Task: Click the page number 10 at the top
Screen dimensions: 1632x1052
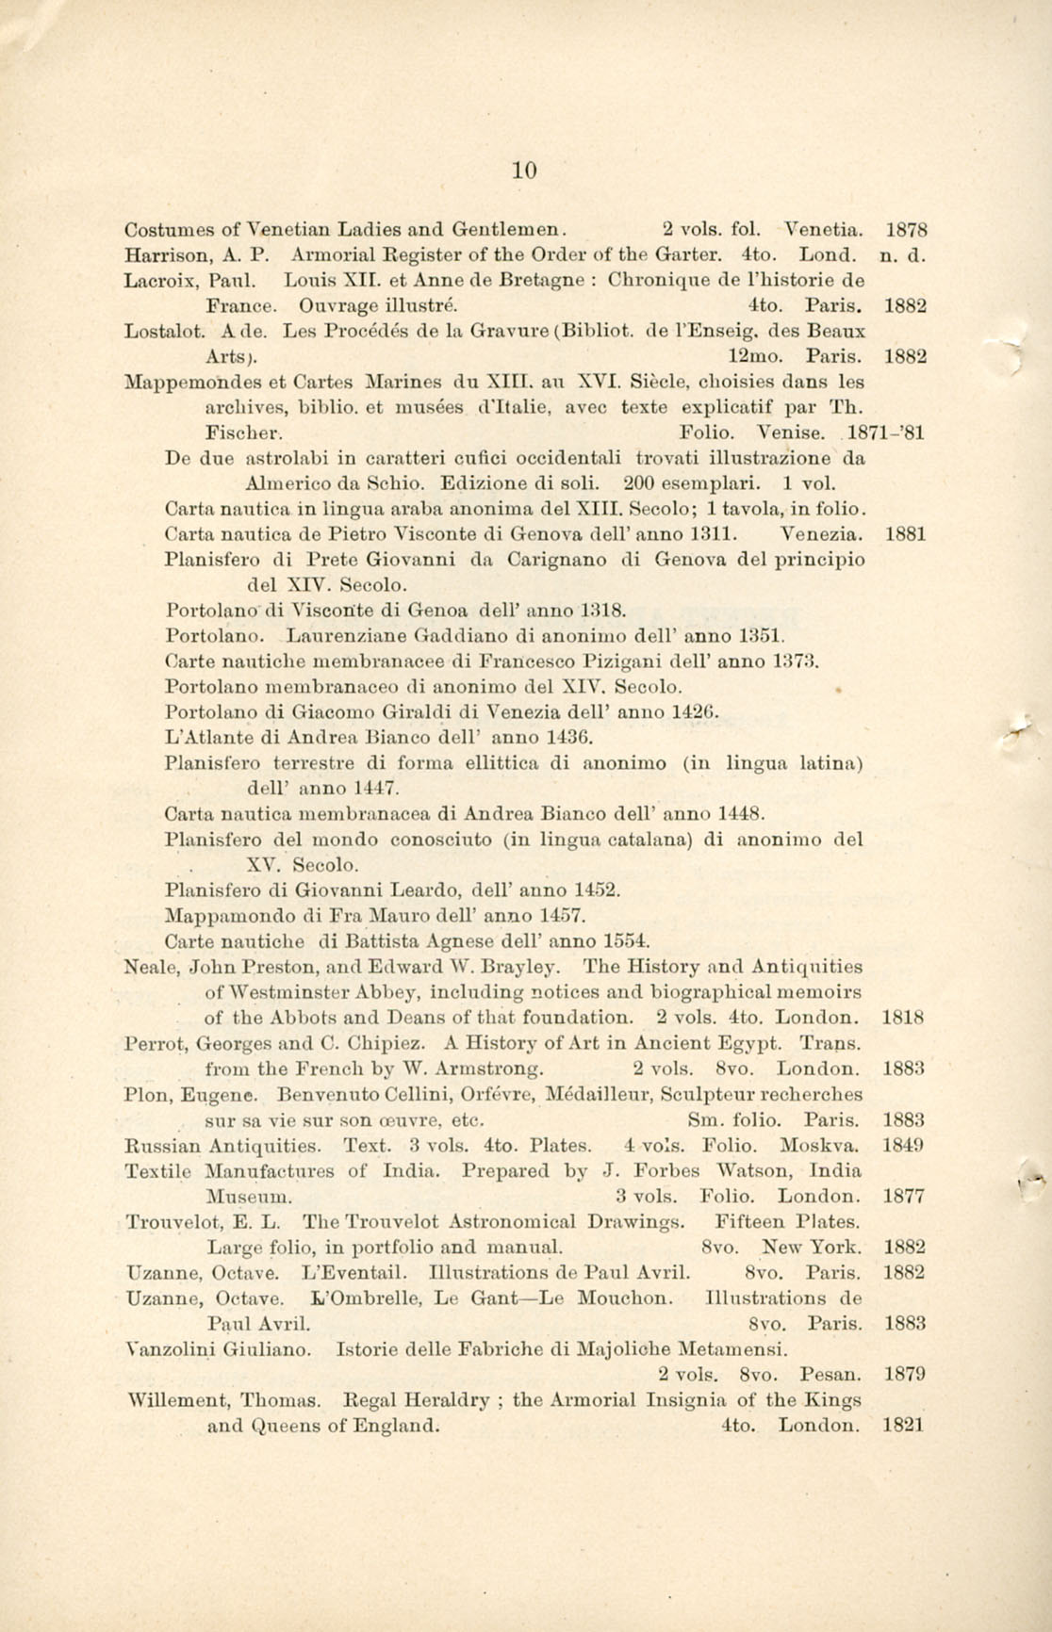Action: [525, 171]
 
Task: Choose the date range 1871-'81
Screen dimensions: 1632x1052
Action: [887, 433]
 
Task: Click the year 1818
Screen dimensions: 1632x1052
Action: [904, 1018]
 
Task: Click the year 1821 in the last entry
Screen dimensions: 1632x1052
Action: [904, 1426]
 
